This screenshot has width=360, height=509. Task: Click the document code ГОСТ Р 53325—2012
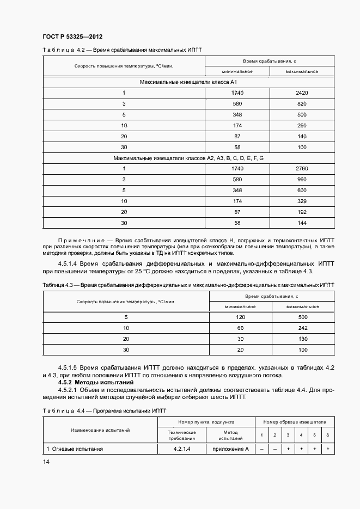(x=72, y=36)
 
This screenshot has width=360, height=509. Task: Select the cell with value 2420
(x=301, y=93)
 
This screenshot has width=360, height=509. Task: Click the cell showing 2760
(x=301, y=168)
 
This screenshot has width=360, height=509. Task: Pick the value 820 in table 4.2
(x=301, y=103)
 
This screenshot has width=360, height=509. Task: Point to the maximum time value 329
(x=301, y=201)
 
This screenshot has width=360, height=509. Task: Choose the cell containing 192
(x=301, y=212)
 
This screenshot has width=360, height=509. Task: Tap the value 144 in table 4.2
(x=301, y=223)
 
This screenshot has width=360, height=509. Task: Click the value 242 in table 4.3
(x=303, y=328)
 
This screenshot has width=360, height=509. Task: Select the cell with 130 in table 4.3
(x=303, y=339)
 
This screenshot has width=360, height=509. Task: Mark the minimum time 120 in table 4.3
(x=240, y=317)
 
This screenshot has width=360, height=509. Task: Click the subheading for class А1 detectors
(x=188, y=82)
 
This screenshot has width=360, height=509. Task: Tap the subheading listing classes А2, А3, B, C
(x=188, y=157)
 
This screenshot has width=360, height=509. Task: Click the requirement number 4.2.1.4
(x=181, y=449)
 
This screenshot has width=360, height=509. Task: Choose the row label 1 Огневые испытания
(x=75, y=449)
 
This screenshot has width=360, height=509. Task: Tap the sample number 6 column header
(x=327, y=434)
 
